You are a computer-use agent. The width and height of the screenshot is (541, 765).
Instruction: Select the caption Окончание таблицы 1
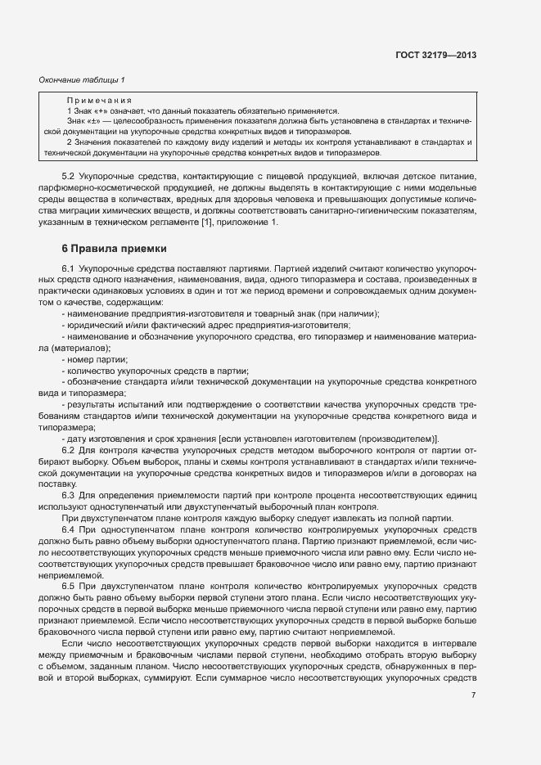coord(82,79)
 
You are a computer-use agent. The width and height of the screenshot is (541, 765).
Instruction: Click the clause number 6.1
coord(68,268)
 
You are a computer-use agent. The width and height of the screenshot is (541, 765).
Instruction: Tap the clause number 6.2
coord(68,450)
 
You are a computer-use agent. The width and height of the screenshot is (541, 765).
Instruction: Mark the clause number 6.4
coord(68,530)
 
